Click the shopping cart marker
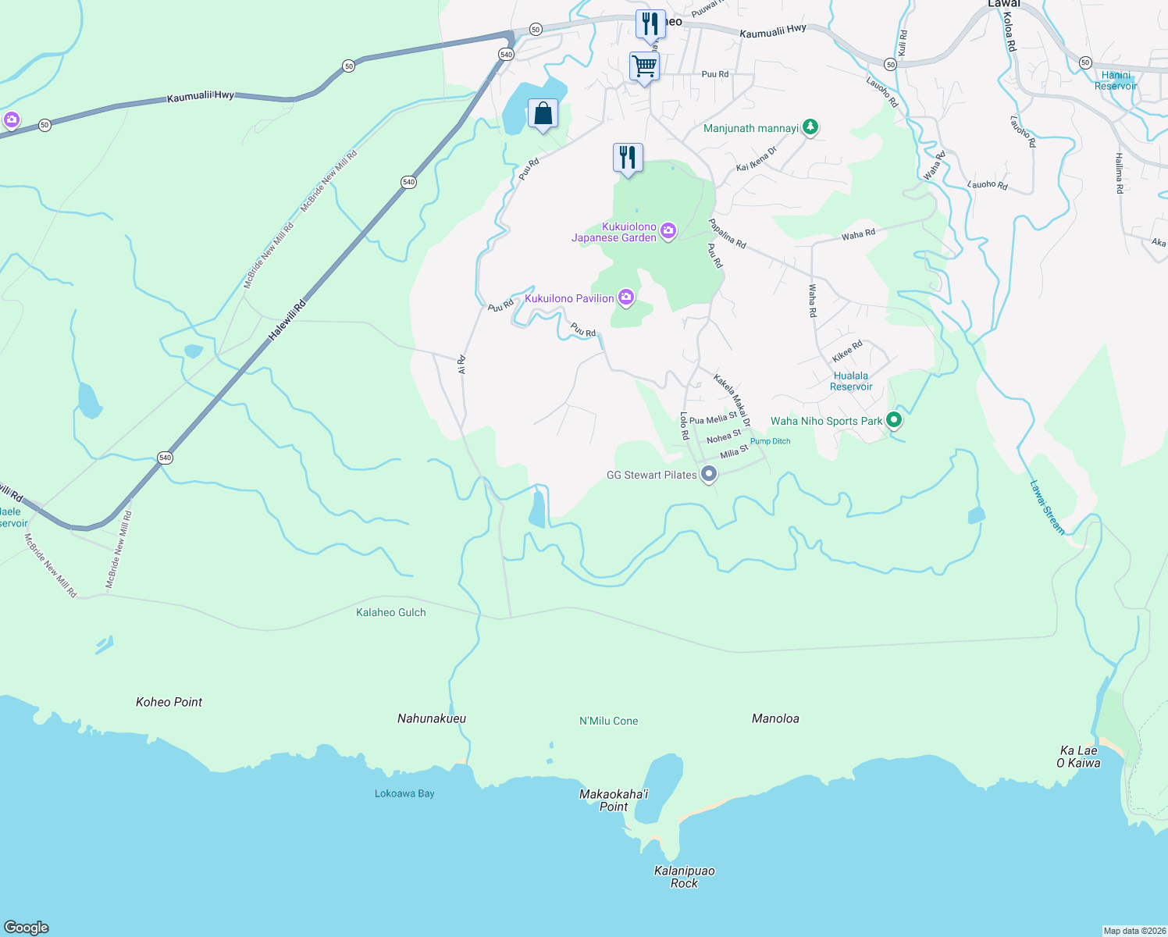644,66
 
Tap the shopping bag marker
543,114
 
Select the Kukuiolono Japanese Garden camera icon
668,230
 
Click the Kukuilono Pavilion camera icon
625,297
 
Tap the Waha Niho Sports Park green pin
894,421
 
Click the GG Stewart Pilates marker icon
709,474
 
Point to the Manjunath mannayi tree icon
810,127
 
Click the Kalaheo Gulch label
391,613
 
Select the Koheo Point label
169,702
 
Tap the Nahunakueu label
432,718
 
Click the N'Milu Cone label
608,721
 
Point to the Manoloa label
775,718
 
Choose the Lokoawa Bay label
404,793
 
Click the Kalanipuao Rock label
684,877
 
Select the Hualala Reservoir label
851,381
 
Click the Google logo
27,927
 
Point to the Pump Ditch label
770,441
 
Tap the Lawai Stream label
1046,508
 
